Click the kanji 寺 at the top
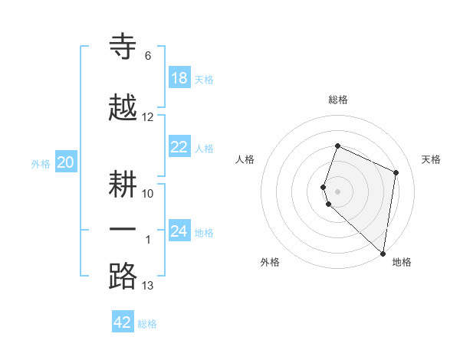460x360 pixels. [123, 46]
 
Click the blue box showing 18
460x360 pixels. [179, 78]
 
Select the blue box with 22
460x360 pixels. [179, 148]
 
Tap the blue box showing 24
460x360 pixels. [179, 231]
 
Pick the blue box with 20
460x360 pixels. [66, 162]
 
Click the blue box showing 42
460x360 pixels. [123, 322]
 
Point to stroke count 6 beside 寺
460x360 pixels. [148, 56]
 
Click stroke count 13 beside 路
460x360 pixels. [148, 286]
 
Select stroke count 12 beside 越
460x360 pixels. [148, 117]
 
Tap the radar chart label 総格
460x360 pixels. [338, 100]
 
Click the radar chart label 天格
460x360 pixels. [432, 159]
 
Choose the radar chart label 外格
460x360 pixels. [270, 262]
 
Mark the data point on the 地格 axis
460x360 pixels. [383, 254]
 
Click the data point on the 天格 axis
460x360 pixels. [396, 172]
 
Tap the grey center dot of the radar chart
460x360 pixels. [337, 191]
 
